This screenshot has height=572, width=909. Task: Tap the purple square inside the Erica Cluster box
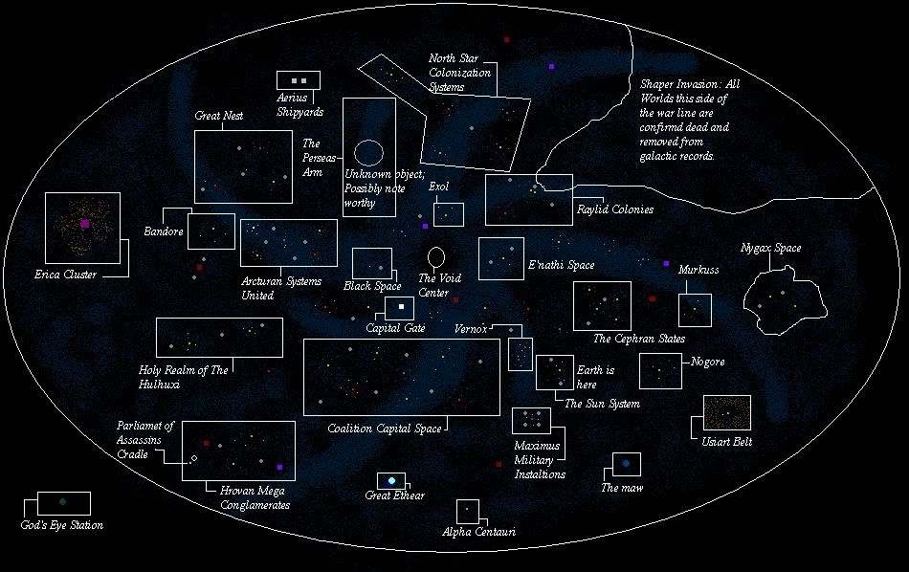click(85, 224)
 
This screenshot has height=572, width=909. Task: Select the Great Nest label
click(219, 116)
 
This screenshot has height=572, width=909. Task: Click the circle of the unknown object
click(368, 151)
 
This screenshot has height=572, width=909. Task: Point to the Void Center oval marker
click(436, 256)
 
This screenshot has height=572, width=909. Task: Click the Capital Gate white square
click(401, 307)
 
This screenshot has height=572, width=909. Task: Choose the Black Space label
click(372, 286)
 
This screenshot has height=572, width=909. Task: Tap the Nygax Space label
click(770, 249)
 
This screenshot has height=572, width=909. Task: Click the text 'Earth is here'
click(595, 376)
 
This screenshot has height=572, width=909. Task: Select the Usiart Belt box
click(727, 412)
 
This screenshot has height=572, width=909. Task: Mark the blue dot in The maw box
click(627, 464)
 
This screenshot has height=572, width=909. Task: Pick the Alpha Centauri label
click(479, 532)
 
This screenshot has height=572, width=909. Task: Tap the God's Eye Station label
click(61, 526)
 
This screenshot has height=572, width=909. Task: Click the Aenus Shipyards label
click(299, 104)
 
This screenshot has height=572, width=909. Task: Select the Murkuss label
click(698, 271)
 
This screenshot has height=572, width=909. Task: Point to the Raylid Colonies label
click(614, 209)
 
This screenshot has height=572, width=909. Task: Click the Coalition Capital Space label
click(384, 429)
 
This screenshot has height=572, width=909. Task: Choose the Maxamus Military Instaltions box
click(531, 421)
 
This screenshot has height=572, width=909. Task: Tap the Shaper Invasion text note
click(689, 120)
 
